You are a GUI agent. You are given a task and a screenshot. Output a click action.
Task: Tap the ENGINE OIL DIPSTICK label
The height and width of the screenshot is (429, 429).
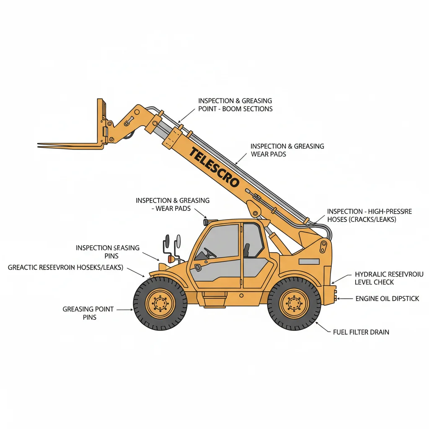[x=387, y=299]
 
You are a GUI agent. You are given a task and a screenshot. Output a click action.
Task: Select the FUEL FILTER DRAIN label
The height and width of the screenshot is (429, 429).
[x=361, y=332]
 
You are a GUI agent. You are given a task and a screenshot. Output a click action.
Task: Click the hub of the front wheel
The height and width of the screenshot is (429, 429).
[x=160, y=303]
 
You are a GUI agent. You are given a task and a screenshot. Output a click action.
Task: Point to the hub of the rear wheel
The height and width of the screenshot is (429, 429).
[x=294, y=303]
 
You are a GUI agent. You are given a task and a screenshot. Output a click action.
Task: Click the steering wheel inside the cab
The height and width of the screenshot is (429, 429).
[x=210, y=253]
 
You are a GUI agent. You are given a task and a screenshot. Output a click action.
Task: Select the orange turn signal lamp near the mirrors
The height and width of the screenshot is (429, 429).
[x=171, y=259]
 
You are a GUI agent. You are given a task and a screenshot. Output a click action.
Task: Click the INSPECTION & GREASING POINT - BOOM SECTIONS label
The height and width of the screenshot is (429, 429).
[x=235, y=105]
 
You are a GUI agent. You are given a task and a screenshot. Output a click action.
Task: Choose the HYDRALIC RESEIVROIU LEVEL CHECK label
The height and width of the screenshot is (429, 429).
[x=389, y=278]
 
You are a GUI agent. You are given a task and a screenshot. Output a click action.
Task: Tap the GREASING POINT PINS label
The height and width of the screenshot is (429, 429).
[x=88, y=313]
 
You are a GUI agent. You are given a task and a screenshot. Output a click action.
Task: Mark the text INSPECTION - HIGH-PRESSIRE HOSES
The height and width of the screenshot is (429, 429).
[x=369, y=215]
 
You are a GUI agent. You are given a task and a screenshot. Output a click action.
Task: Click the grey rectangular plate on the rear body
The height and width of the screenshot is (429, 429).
[x=309, y=261]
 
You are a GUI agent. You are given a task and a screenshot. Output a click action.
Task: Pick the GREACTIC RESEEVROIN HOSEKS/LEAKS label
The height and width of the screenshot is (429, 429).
[x=65, y=267]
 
